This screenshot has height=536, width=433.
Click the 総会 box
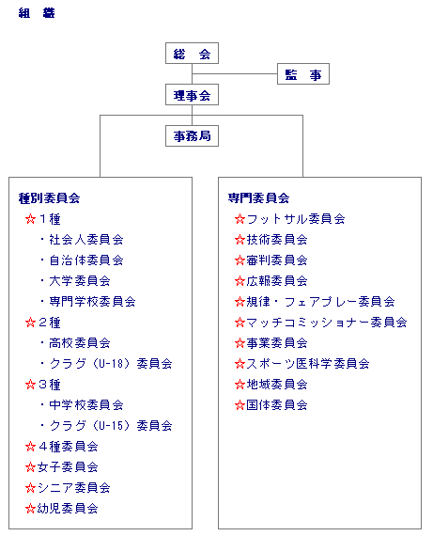(192, 53)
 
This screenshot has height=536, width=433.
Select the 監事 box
(303, 73)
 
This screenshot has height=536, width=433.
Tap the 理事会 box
(192, 95)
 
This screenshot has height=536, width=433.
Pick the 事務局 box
(192, 136)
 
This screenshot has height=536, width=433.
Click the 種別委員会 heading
(49, 198)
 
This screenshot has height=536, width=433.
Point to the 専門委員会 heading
(258, 198)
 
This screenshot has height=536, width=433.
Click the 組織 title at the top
(37, 13)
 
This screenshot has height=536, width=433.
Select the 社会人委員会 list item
(86, 240)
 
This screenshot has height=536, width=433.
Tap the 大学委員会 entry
(80, 281)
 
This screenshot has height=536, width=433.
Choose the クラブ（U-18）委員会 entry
(111, 364)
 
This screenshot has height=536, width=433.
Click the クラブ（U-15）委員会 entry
(111, 426)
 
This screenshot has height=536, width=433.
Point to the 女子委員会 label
(68, 467)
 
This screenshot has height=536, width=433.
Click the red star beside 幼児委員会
(30, 509)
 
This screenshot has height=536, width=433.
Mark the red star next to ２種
(30, 323)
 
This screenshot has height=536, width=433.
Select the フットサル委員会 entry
(296, 219)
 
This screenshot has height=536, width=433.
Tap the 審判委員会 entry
(277, 260)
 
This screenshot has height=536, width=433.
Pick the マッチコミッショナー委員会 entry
(327, 323)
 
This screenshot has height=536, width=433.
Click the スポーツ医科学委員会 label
(308, 364)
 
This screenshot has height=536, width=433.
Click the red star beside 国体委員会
(240, 405)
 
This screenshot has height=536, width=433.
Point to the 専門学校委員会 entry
(92, 302)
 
